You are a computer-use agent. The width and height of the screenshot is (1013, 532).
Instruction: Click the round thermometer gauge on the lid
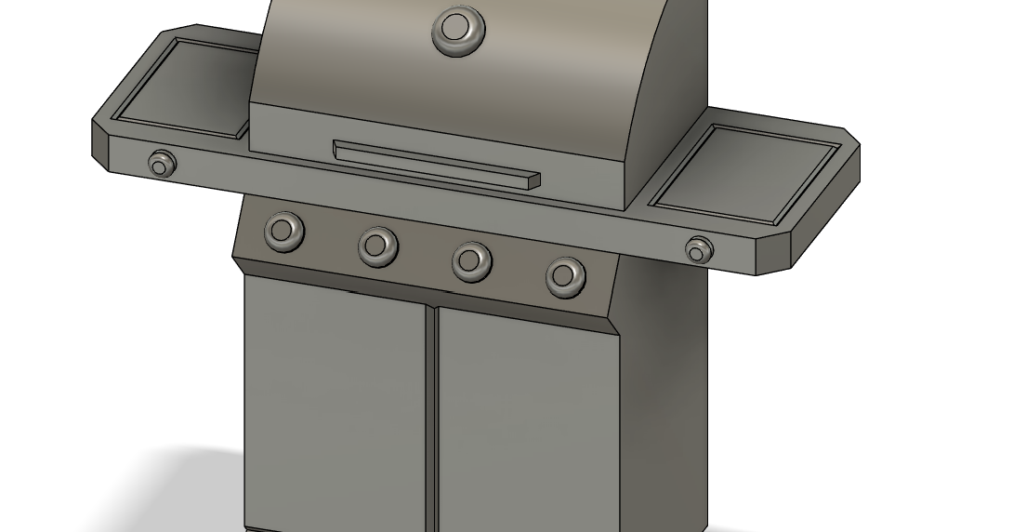(x=458, y=30)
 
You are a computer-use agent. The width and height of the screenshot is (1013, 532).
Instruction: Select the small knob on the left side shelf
(x=162, y=164)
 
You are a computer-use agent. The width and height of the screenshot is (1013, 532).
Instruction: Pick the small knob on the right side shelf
(x=699, y=249)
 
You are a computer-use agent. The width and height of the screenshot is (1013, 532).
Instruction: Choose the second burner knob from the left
(x=377, y=246)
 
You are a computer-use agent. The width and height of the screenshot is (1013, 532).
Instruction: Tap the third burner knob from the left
(x=472, y=260)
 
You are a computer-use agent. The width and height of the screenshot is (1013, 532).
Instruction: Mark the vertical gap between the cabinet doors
(x=432, y=419)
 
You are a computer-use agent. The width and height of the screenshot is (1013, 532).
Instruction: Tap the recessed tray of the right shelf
(x=748, y=175)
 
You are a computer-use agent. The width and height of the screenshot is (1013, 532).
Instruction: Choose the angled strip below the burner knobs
(x=428, y=295)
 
